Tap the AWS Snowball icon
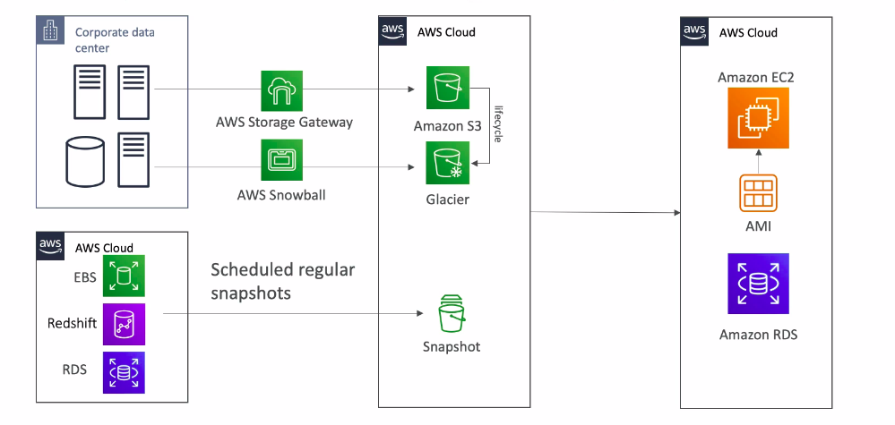pyautogui.click(x=284, y=161)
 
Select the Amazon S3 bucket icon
pyautogui.click(x=444, y=89)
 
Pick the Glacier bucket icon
pyautogui.click(x=444, y=162)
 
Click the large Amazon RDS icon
pyautogui.click(x=757, y=284)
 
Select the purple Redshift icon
pyautogui.click(x=123, y=324)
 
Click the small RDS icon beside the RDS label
pyautogui.click(x=123, y=370)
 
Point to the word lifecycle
pyautogui.click(x=497, y=125)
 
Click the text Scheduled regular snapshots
pyautogui.click(x=283, y=281)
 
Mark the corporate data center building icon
pyautogui.click(x=52, y=33)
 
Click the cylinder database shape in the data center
pyautogui.click(x=86, y=160)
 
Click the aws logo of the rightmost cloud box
pyautogui.click(x=694, y=31)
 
